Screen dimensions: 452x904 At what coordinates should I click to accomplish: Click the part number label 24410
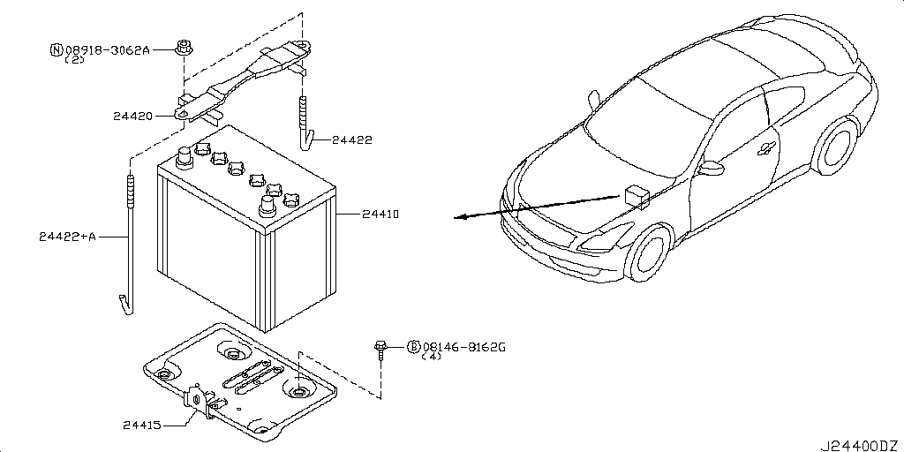[380, 215]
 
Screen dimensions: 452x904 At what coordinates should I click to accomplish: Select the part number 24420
[132, 116]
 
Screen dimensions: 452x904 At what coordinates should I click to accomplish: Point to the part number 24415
[141, 425]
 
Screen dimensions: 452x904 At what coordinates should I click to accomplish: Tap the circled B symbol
[412, 347]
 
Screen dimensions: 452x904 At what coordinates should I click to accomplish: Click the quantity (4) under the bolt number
[432, 358]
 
